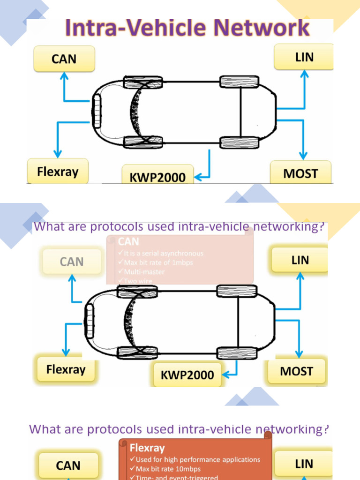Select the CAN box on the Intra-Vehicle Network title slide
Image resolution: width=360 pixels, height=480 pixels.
pos(64,59)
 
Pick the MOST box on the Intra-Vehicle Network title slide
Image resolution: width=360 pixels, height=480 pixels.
pos(300,173)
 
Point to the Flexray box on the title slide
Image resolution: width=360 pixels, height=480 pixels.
pos(58,171)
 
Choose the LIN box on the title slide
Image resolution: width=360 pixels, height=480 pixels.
pos(304,57)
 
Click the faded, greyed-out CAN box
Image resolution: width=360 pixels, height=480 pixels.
pos(72,262)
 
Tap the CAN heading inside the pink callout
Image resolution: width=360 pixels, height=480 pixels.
pos(128,242)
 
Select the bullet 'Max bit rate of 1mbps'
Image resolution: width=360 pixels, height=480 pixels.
pos(158,262)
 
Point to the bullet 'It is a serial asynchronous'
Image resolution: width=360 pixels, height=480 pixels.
pos(163,253)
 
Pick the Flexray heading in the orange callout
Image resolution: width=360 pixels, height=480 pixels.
pos(147,447)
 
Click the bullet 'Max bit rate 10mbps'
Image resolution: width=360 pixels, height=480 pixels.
pos(168,469)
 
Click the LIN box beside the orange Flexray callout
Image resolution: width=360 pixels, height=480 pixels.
pos(304,464)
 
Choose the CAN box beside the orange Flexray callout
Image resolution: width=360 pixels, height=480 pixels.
pos(68,465)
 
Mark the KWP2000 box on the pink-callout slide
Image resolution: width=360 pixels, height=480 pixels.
pos(187,375)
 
